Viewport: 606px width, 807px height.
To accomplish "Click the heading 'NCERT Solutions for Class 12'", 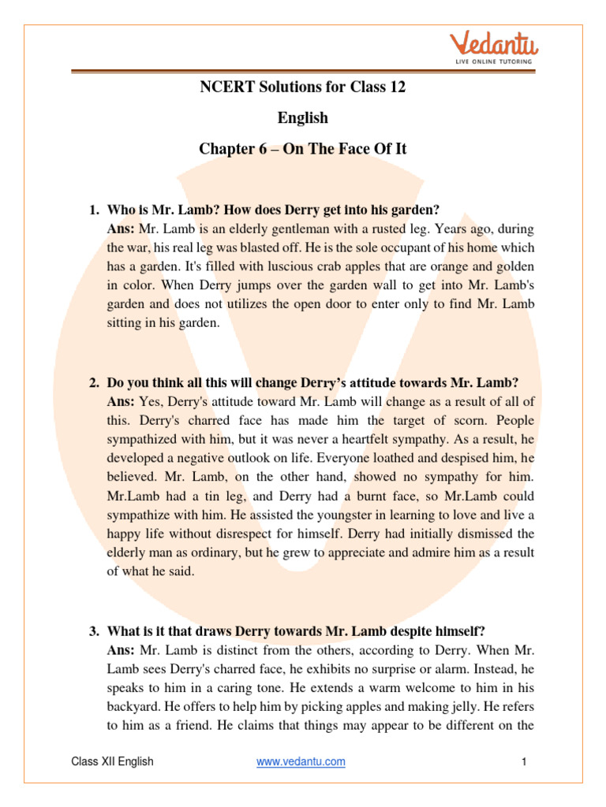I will click(x=303, y=87).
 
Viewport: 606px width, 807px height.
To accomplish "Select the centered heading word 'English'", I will click(x=303, y=117).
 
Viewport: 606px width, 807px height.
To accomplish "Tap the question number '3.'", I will click(x=94, y=630).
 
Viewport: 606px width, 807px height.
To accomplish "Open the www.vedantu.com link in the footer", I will click(x=301, y=762).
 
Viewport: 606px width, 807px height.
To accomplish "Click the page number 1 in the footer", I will click(x=523, y=762).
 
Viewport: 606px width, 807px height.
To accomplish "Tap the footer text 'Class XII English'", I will click(x=112, y=762).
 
